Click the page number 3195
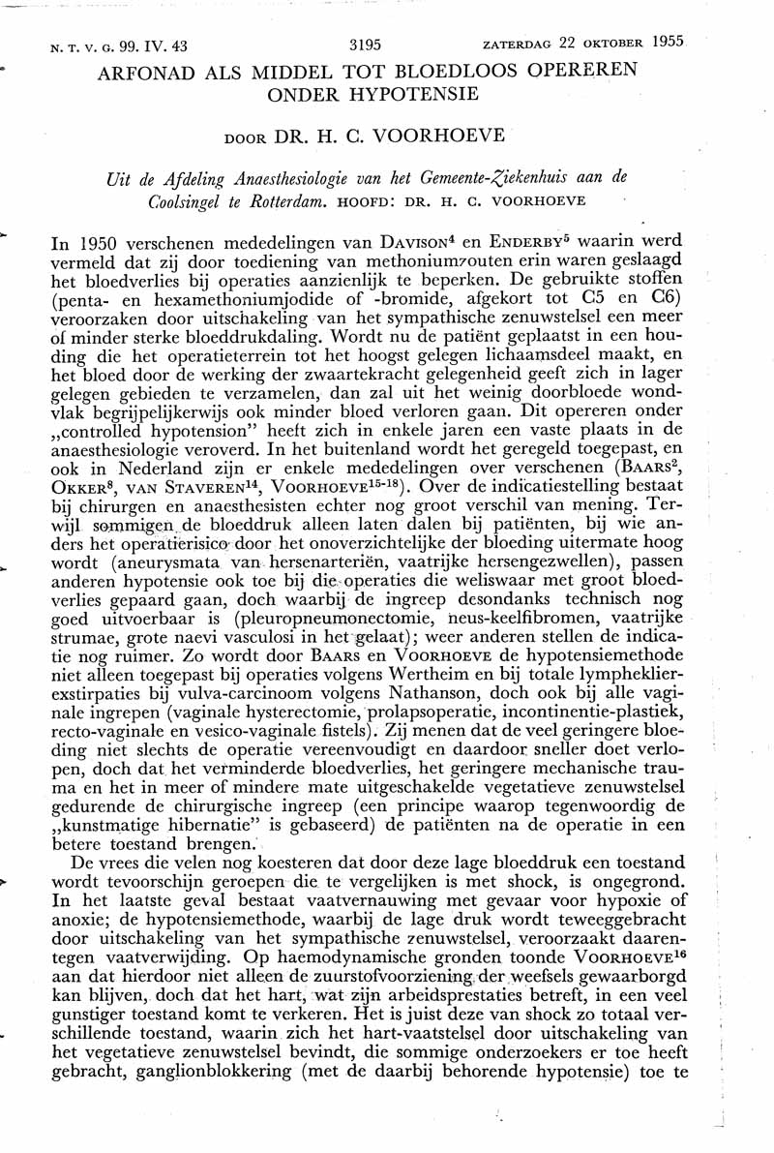[364, 44]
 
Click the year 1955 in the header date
[667, 43]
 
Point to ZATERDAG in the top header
[521, 44]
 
